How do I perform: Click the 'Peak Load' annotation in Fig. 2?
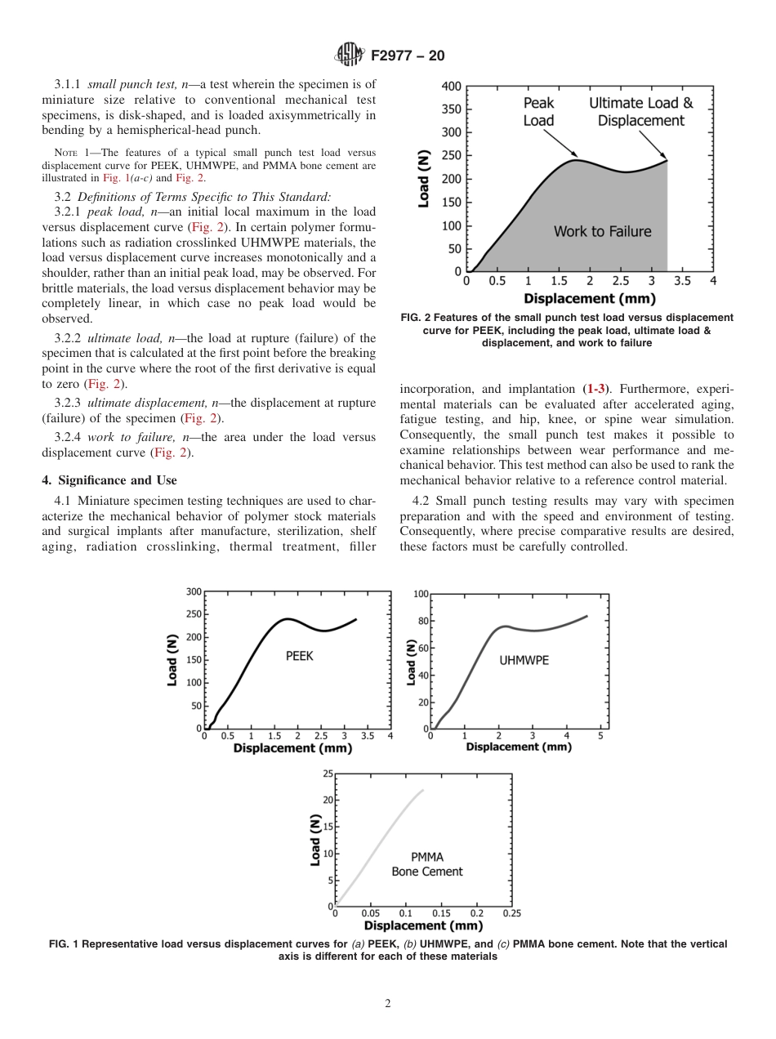coord(538,112)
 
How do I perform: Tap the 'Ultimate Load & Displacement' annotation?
coord(641,112)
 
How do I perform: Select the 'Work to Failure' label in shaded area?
coord(602,232)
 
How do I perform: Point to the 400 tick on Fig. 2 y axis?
coord(451,87)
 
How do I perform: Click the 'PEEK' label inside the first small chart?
coord(299,656)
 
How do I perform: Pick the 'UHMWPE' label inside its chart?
coord(524,660)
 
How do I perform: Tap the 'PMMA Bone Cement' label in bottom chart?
coord(427,864)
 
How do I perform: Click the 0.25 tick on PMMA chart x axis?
coord(511,913)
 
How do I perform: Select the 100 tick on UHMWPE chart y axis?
coord(421,594)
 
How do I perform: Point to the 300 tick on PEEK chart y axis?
coord(194,591)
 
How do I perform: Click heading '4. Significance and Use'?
coord(109,480)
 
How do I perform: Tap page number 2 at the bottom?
coord(388,1004)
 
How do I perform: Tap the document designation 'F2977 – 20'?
coord(408,56)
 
